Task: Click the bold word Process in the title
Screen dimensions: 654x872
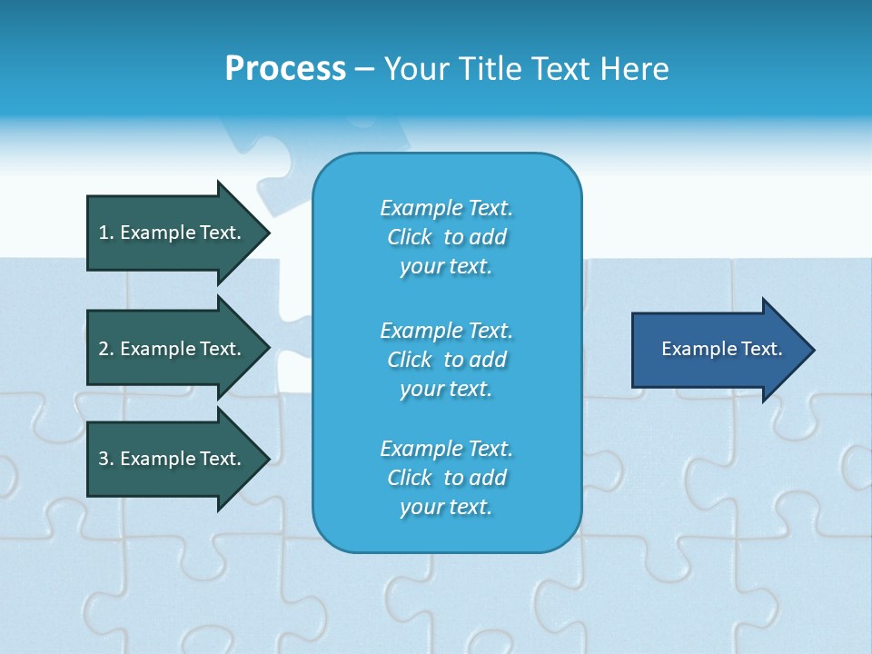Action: pos(285,68)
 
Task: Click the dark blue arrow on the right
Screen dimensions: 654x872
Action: pos(718,349)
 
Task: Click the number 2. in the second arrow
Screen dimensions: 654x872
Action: pos(104,349)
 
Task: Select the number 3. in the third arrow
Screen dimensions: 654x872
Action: pos(104,459)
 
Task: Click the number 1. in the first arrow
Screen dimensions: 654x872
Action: pos(104,233)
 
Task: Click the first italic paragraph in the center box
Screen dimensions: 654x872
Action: pos(446,237)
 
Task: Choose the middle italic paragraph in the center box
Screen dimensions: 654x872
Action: pos(446,360)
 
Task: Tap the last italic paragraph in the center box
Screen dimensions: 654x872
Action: pos(446,478)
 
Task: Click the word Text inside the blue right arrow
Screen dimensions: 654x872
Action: pos(761,349)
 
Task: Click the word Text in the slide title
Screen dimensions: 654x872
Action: pos(560,68)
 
